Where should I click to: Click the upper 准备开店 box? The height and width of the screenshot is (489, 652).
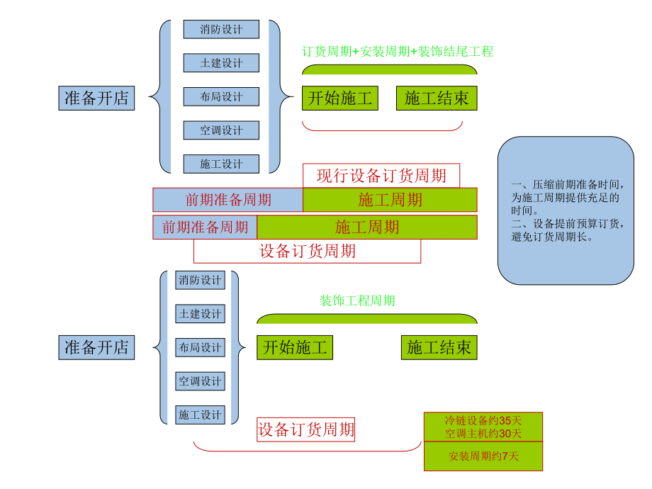[x=96, y=98]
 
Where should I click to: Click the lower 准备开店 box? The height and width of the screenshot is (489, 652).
[x=96, y=347]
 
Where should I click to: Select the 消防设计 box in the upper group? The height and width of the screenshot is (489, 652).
[x=221, y=29]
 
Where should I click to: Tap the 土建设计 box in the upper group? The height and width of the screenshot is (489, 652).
[x=221, y=63]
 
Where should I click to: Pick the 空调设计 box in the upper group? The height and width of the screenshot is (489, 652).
[x=221, y=130]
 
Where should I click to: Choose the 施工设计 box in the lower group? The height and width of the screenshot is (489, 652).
[x=200, y=415]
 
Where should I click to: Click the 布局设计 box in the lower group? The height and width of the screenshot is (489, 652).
[x=200, y=347]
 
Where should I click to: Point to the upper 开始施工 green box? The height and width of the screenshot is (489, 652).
[x=340, y=98]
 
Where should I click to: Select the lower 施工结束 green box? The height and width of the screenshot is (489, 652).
[x=439, y=347]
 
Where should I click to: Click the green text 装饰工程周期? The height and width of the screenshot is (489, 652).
[x=357, y=300]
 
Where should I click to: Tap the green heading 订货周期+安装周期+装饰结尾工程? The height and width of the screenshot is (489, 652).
[x=398, y=51]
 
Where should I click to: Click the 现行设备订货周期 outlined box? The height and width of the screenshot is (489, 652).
[x=381, y=175]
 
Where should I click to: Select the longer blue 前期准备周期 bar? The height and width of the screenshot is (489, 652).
[x=227, y=200]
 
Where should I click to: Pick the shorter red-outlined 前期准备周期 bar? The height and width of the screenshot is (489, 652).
[x=205, y=227]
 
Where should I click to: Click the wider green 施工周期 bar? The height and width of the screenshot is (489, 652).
[x=367, y=227]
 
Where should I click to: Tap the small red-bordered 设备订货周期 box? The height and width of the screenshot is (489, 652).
[x=306, y=429]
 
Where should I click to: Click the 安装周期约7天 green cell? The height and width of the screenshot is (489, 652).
[x=483, y=456]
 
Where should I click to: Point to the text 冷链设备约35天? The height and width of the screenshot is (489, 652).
[x=483, y=420]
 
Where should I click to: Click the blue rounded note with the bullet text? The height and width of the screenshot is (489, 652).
[x=566, y=211]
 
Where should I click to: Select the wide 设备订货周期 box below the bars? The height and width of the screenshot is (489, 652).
[x=307, y=251]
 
